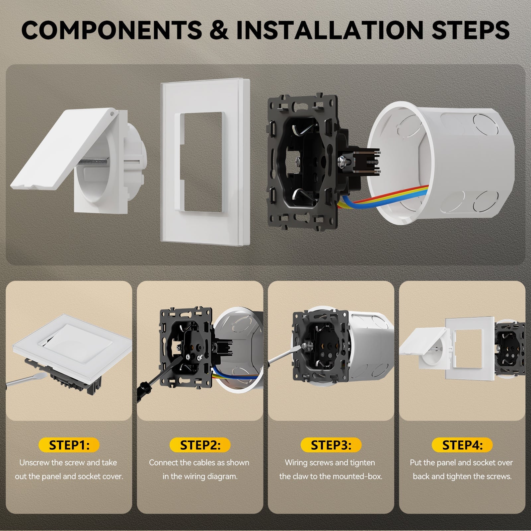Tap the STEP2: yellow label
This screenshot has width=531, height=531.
[200, 445]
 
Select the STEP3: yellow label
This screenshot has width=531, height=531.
[331, 445]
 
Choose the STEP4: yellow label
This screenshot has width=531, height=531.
[462, 445]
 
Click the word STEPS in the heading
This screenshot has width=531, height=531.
[471, 30]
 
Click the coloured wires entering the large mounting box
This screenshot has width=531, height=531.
[385, 197]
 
